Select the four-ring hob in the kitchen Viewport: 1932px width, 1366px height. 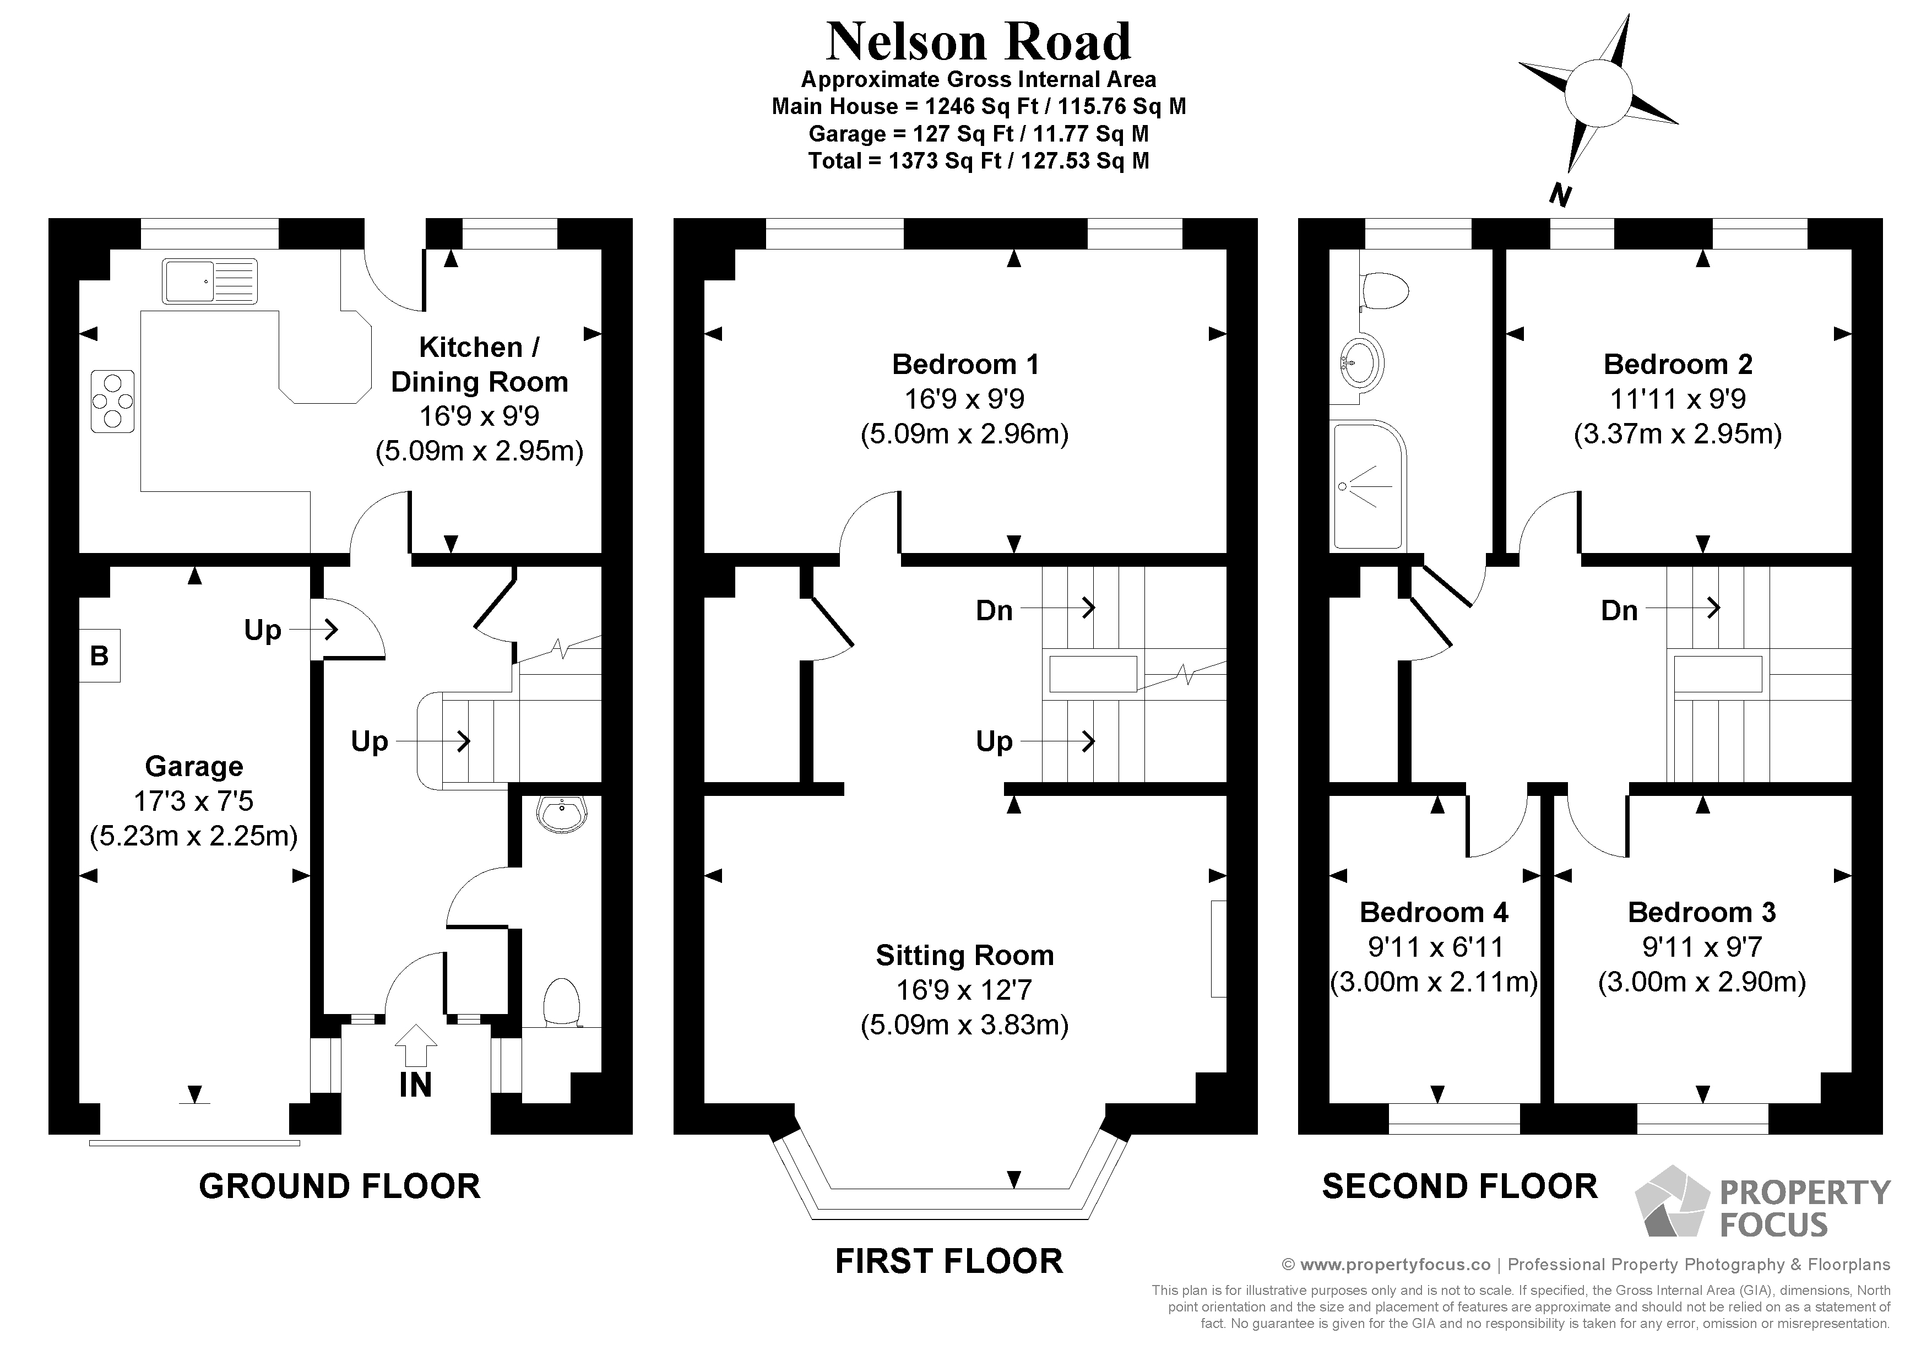tap(112, 402)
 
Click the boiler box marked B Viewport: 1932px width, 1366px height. tap(99, 655)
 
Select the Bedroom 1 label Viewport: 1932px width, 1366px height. tap(964, 365)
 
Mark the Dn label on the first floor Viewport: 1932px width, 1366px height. tap(994, 610)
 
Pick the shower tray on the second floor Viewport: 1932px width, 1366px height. tap(1367, 486)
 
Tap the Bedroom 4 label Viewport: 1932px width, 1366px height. tap(1434, 912)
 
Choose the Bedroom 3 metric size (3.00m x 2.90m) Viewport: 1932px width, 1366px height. tap(1701, 982)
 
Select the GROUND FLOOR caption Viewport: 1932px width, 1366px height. tap(339, 1187)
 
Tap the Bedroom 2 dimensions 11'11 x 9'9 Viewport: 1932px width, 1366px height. tap(1677, 399)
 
